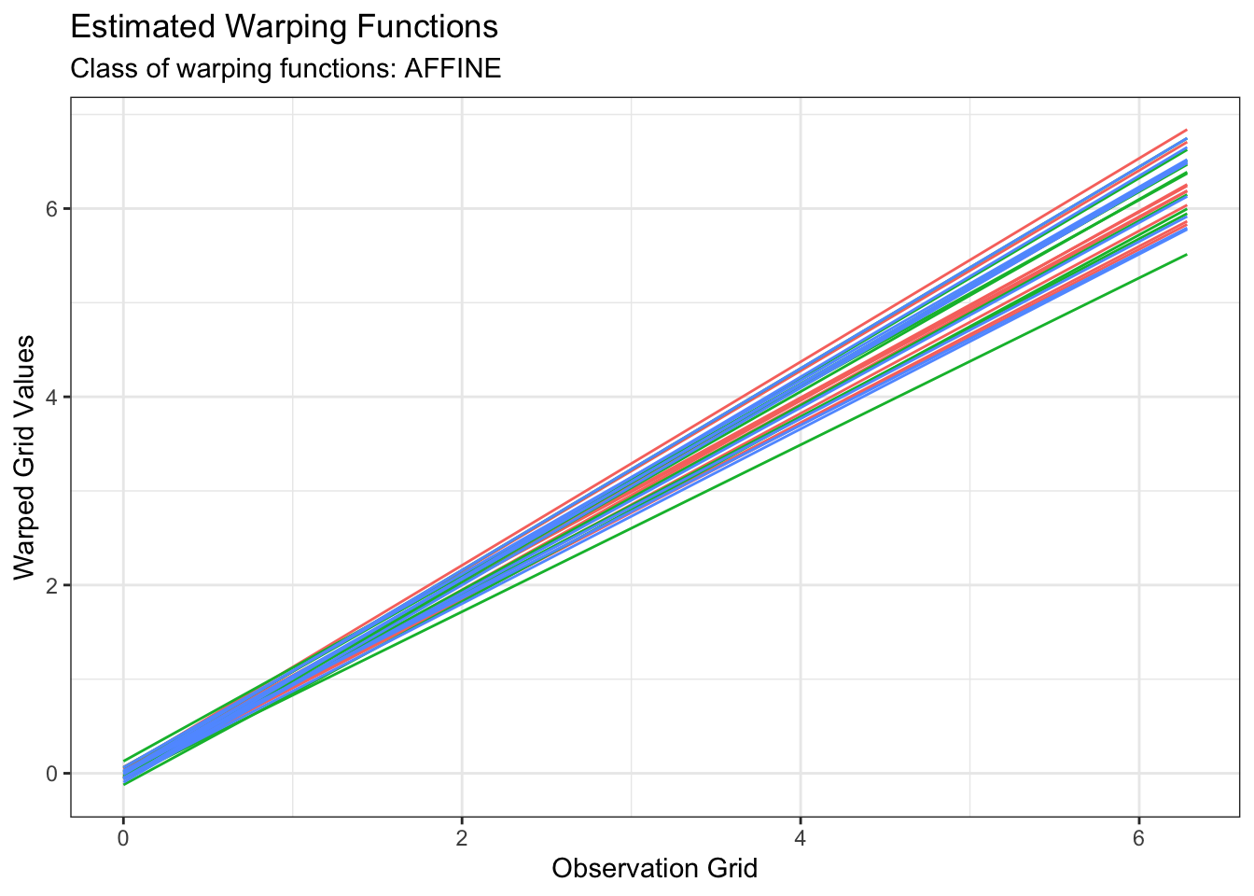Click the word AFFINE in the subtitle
453,69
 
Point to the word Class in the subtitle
95,69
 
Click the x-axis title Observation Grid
654,869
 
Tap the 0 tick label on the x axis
123,838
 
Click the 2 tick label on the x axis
462,838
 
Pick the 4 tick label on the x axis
801,838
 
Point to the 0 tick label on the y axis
53,774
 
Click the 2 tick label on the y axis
53,585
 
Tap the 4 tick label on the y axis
53,397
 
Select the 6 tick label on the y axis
53,208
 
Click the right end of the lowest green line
1185,255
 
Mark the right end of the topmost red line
1185,131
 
